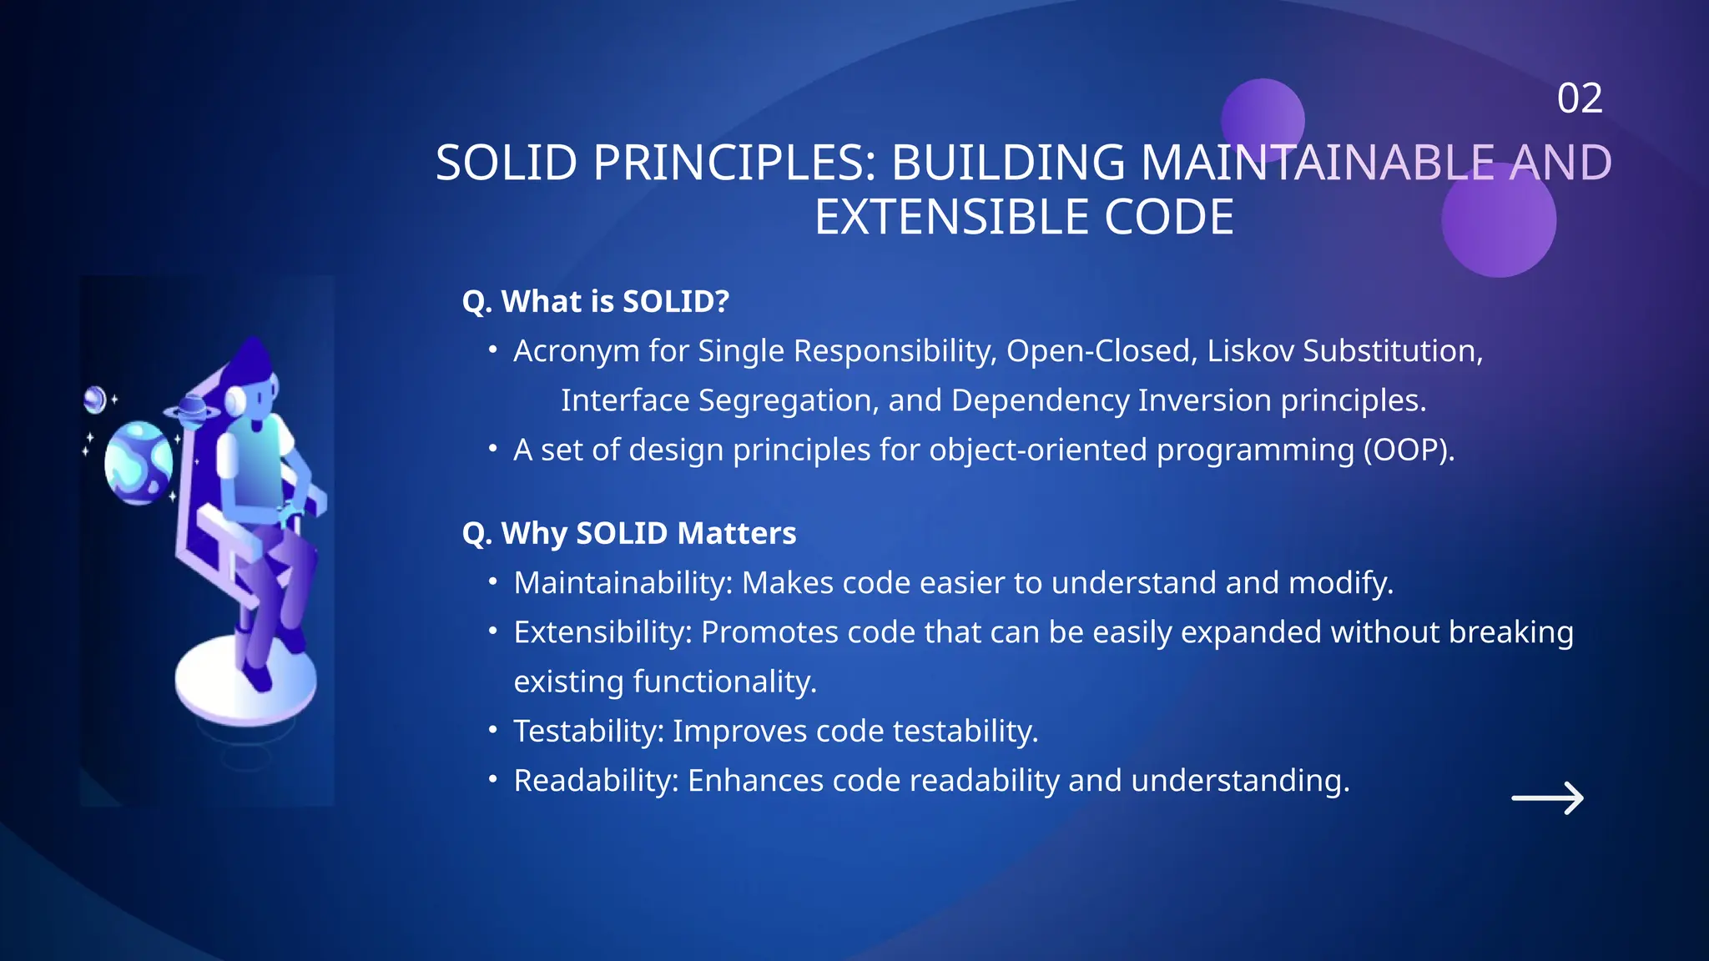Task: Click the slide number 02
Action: (x=1579, y=98)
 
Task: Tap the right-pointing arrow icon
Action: (x=1547, y=798)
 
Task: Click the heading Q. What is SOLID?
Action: (x=596, y=301)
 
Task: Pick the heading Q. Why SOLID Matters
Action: (x=629, y=533)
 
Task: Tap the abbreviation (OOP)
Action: (x=1409, y=450)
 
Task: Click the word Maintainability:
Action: (x=623, y=583)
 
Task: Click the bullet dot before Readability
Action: (x=493, y=780)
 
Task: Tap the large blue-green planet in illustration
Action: (x=138, y=462)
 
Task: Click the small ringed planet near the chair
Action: (x=193, y=410)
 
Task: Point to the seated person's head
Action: (x=255, y=380)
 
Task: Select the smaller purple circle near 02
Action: (x=1262, y=118)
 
